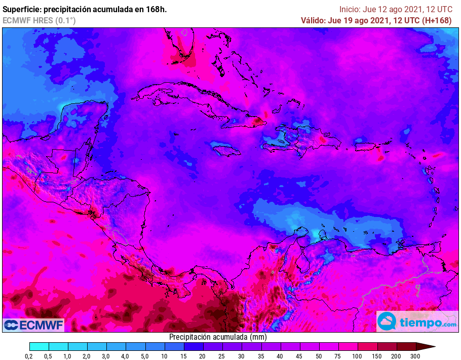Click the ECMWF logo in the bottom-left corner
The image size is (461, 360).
33,325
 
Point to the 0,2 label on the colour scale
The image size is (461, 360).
29,356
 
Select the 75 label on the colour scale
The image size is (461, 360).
338,356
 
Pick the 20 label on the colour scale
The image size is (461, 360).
203,356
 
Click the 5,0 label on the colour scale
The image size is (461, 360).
144,356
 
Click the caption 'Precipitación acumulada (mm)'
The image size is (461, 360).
218,337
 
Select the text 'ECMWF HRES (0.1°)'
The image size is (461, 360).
39,20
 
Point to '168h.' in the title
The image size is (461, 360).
156,9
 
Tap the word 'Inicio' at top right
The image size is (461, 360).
350,9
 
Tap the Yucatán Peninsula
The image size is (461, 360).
84,119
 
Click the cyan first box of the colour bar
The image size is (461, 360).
39,347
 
